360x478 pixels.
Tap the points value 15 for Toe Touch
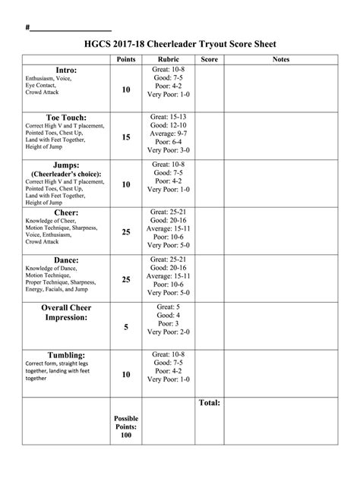[x=125, y=137]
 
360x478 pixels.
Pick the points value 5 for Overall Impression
[x=125, y=327]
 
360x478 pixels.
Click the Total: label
[x=210, y=402]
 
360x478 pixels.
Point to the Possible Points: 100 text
[x=125, y=426]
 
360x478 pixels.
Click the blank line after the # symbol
[x=70, y=29]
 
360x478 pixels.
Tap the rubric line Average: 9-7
[x=168, y=133]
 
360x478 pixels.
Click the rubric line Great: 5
[x=168, y=307]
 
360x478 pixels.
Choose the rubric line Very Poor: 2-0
[x=168, y=332]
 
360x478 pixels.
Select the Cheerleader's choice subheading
[x=66, y=174]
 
